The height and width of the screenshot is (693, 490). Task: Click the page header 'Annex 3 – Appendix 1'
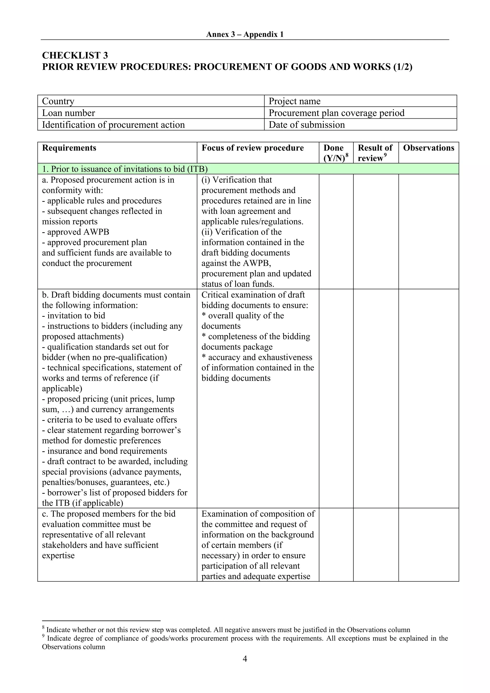point(245,34)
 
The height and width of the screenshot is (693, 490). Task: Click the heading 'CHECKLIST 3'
point(75,55)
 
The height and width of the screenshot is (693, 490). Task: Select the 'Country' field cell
point(151,101)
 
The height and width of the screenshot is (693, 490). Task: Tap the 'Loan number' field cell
point(151,113)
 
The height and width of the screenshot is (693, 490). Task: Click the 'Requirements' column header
point(69,148)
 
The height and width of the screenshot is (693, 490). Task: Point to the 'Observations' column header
point(429,148)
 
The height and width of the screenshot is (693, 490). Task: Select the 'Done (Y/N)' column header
point(336,153)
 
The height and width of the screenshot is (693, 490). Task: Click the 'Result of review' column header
point(375,153)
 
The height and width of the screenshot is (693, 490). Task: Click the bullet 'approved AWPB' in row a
point(75,232)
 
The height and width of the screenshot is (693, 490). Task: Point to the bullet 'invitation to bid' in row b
point(74,316)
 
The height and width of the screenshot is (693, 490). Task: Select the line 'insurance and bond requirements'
point(105,451)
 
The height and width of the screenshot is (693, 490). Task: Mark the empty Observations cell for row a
point(429,232)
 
